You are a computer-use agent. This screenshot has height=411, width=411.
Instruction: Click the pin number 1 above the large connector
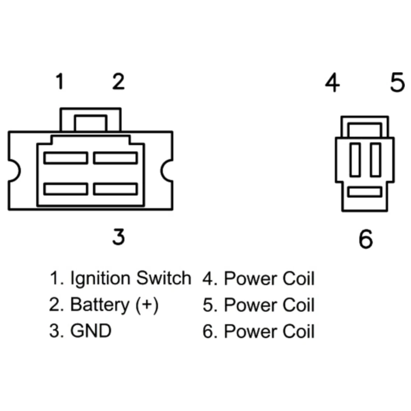60,81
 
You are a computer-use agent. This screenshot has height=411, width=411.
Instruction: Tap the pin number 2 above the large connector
118,81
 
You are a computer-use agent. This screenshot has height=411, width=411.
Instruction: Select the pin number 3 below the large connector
118,237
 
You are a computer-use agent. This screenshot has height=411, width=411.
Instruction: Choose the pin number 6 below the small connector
365,239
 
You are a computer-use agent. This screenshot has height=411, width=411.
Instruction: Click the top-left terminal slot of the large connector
66,158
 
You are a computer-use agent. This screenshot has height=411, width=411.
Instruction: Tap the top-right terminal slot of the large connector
115,158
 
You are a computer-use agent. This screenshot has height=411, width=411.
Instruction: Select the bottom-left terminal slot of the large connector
66,189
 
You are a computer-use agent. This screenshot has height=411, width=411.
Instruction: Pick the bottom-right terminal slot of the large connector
115,189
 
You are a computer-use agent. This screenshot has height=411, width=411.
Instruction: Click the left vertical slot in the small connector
355,160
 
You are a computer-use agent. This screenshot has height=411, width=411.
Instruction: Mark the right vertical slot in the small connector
375,160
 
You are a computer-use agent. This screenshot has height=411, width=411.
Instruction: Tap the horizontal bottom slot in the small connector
365,192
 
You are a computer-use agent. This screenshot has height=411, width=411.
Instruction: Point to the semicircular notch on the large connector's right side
167,170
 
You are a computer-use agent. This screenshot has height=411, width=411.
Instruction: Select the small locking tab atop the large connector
90,123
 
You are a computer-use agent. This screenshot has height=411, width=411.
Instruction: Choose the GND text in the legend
91,331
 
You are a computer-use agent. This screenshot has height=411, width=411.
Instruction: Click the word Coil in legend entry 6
298,331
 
